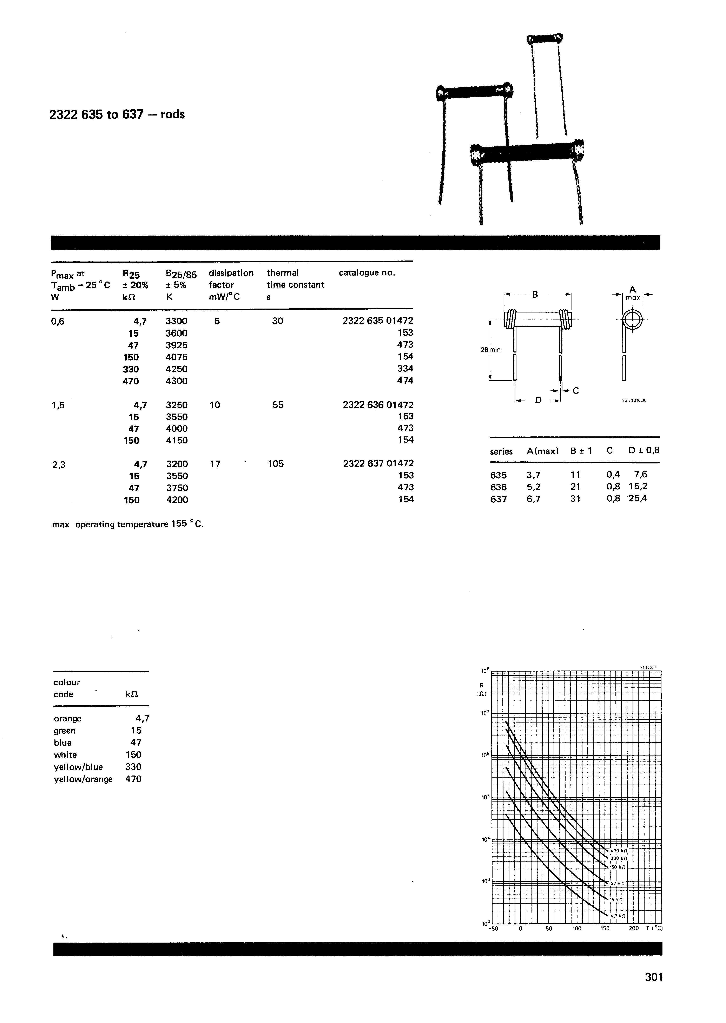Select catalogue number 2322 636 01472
[378, 405]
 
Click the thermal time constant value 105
[276, 464]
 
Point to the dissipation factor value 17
[215, 464]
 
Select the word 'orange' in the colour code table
[67, 719]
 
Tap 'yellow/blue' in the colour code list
[78, 767]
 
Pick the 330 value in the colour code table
[133, 767]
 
